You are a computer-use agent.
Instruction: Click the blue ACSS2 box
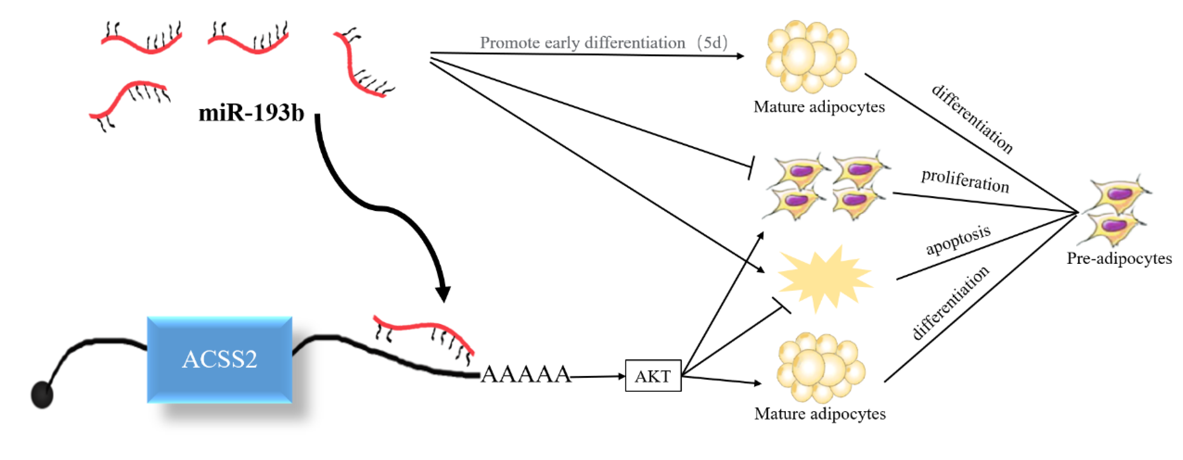[219, 359]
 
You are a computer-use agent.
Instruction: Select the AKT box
[653, 376]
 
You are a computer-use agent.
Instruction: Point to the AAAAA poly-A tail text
[526, 374]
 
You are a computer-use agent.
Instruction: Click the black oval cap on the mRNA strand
[42, 394]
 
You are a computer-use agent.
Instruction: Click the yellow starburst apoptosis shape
[825, 278]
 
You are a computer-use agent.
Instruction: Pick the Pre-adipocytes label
[1119, 258]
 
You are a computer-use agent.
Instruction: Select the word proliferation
[965, 181]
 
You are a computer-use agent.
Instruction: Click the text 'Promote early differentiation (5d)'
[603, 43]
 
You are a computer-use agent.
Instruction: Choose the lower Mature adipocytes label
[820, 414]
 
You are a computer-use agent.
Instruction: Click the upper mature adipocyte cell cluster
[811, 56]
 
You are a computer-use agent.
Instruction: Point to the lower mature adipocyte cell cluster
[821, 367]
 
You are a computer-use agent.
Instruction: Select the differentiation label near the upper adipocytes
[971, 119]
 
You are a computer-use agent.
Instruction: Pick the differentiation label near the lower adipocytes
[950, 303]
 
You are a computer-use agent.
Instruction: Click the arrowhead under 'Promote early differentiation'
[740, 56]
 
